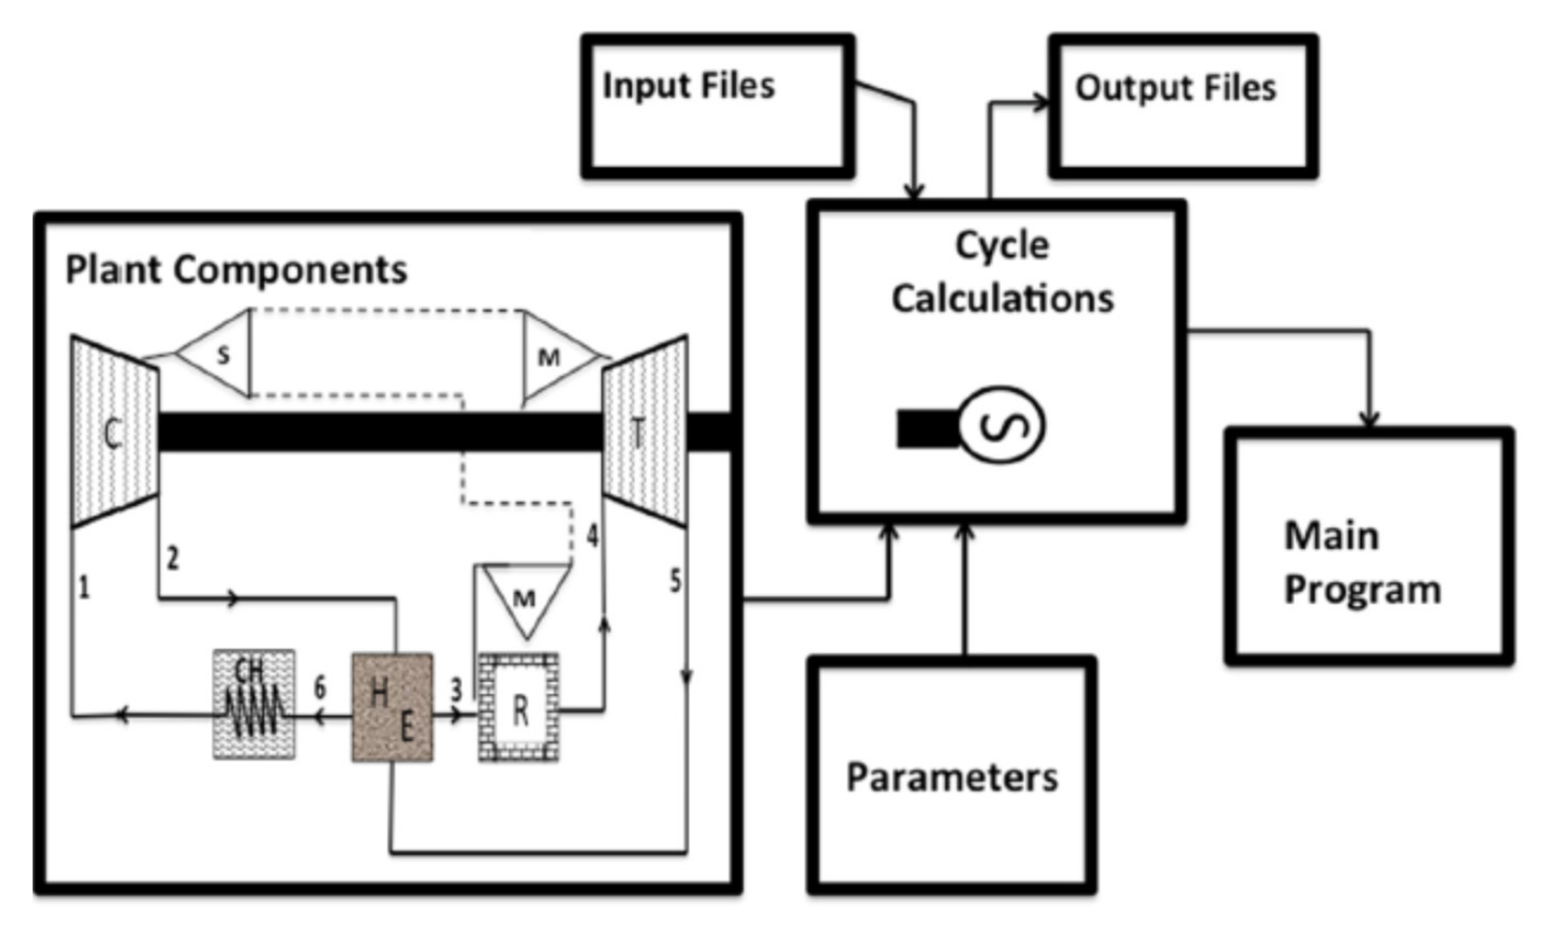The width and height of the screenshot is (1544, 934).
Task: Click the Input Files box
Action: pos(717,107)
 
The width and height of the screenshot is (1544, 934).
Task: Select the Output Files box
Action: pos(1183,107)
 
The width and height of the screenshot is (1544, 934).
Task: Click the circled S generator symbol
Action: pos(1002,425)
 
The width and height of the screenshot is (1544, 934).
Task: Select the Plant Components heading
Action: pos(236,270)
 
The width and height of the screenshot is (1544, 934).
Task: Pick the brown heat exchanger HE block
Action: pos(392,708)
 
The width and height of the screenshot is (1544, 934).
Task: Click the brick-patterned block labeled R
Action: pos(519,708)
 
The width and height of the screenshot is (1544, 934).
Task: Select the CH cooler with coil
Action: pos(254,705)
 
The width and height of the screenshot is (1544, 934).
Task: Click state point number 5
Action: pos(675,581)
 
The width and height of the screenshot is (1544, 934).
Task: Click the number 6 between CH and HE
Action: pos(320,688)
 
